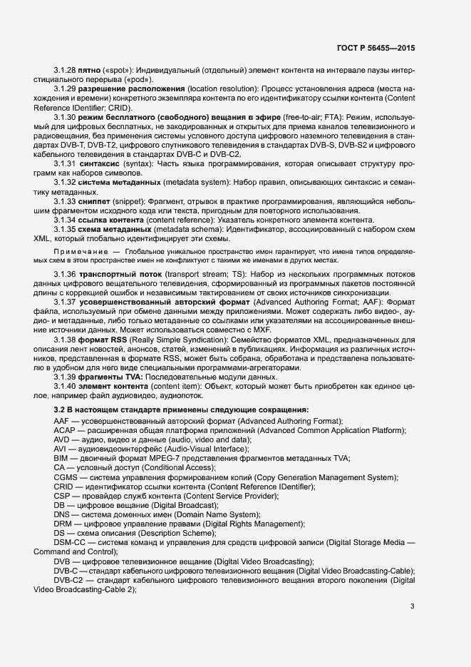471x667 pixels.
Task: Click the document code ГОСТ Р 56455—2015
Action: tap(376, 48)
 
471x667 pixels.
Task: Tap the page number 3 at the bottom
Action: tap(413, 606)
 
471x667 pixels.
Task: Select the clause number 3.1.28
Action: tap(64, 71)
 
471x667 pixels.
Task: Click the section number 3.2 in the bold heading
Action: tap(60, 409)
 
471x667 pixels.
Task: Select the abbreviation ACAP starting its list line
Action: tap(66, 430)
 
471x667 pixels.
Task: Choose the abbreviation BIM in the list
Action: tap(61, 458)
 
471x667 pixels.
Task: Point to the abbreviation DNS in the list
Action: tap(63, 514)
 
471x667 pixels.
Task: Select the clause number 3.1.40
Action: tap(64, 386)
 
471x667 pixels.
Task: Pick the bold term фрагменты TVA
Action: tap(110, 377)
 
